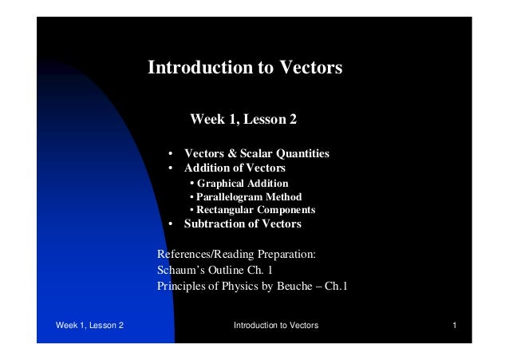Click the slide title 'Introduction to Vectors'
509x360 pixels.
pos(245,68)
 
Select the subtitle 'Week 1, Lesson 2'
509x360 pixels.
pos(243,121)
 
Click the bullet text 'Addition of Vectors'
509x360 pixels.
pos(235,168)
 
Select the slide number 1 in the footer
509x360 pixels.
pos(453,326)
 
